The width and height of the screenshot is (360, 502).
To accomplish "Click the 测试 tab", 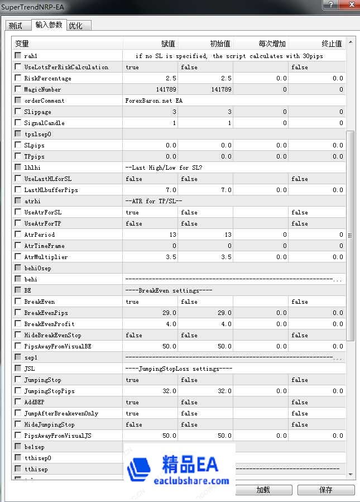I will pyautogui.click(x=16, y=26).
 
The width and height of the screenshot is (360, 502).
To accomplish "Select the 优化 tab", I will pyautogui.click(x=75, y=26).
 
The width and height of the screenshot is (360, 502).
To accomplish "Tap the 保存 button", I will pyautogui.click(x=326, y=490).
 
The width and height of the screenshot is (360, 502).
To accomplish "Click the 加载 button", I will pyautogui.click(x=263, y=490).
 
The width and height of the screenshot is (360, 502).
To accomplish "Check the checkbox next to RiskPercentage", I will pyautogui.click(x=18, y=78).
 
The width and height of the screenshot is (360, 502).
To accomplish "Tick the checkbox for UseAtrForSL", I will pyautogui.click(x=18, y=212).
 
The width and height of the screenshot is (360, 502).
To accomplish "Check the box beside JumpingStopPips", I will pyautogui.click(x=18, y=391).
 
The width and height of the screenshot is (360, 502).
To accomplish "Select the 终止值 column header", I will pyautogui.click(x=332, y=44).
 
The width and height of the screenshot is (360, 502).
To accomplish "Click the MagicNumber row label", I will pyautogui.click(x=42, y=89).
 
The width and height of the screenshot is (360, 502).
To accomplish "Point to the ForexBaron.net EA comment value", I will pyautogui.click(x=154, y=101).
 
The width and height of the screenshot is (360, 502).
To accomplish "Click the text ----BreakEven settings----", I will pyautogui.click(x=167, y=290).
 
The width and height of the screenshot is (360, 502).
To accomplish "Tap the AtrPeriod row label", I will pyautogui.click(x=39, y=235).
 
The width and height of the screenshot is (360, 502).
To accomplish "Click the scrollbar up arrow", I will pyautogui.click(x=351, y=42).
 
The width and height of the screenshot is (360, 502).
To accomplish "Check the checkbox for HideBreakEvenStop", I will pyautogui.click(x=18, y=335).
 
